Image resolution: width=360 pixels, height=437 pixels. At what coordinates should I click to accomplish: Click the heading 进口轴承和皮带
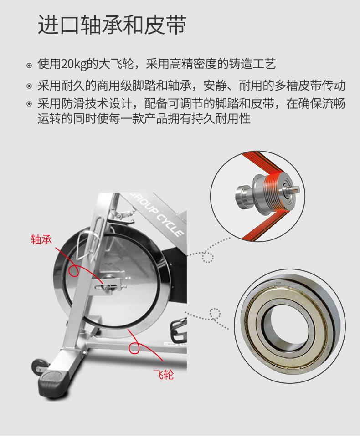pos(112,25)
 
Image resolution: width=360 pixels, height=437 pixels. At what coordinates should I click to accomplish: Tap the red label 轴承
pos(41,239)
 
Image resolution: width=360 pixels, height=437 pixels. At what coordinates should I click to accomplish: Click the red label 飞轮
pos(164,375)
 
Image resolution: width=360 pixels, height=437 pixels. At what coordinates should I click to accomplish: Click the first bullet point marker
pos(29,66)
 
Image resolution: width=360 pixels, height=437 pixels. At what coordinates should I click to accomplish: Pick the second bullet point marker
pos(29,86)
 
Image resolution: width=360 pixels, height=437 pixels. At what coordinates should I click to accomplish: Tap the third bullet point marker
pos(29,104)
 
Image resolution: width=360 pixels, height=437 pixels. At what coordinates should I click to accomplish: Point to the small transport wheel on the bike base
pos(39,366)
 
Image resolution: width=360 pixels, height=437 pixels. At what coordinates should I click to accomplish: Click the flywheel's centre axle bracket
pos(109,284)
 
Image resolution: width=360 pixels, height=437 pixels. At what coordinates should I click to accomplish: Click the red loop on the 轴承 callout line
pos(74,270)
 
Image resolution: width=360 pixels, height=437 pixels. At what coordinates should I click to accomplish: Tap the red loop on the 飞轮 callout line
pos(134,348)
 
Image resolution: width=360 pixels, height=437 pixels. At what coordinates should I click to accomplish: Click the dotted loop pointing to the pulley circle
pos(208,257)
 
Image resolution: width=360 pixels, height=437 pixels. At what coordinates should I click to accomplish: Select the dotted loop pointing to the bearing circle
pos(215,314)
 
